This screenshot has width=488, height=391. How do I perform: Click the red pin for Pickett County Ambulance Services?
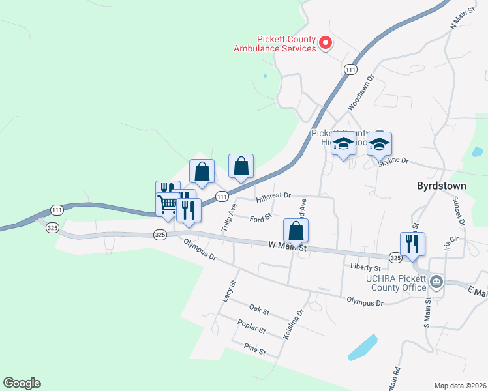pos(326,44)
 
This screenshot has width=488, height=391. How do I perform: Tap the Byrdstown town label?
pos(441,186)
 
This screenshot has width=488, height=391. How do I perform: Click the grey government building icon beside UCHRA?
pos(436,282)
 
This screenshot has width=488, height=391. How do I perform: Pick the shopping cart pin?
pos(168,205)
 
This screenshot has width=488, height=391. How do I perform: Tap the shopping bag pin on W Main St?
pos(296,231)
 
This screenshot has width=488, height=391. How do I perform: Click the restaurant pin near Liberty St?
pos(412,244)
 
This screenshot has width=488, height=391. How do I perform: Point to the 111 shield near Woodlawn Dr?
pos(350,70)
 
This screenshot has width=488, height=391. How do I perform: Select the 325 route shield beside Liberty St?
pos(395,258)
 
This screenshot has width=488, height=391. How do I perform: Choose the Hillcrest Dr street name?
pos(273,195)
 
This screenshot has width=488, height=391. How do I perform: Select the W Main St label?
pos(287,246)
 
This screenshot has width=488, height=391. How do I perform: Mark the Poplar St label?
pos(252,330)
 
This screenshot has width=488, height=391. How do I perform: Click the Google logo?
pos(22,383)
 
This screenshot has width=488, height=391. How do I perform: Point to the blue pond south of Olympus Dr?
pos(363,347)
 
